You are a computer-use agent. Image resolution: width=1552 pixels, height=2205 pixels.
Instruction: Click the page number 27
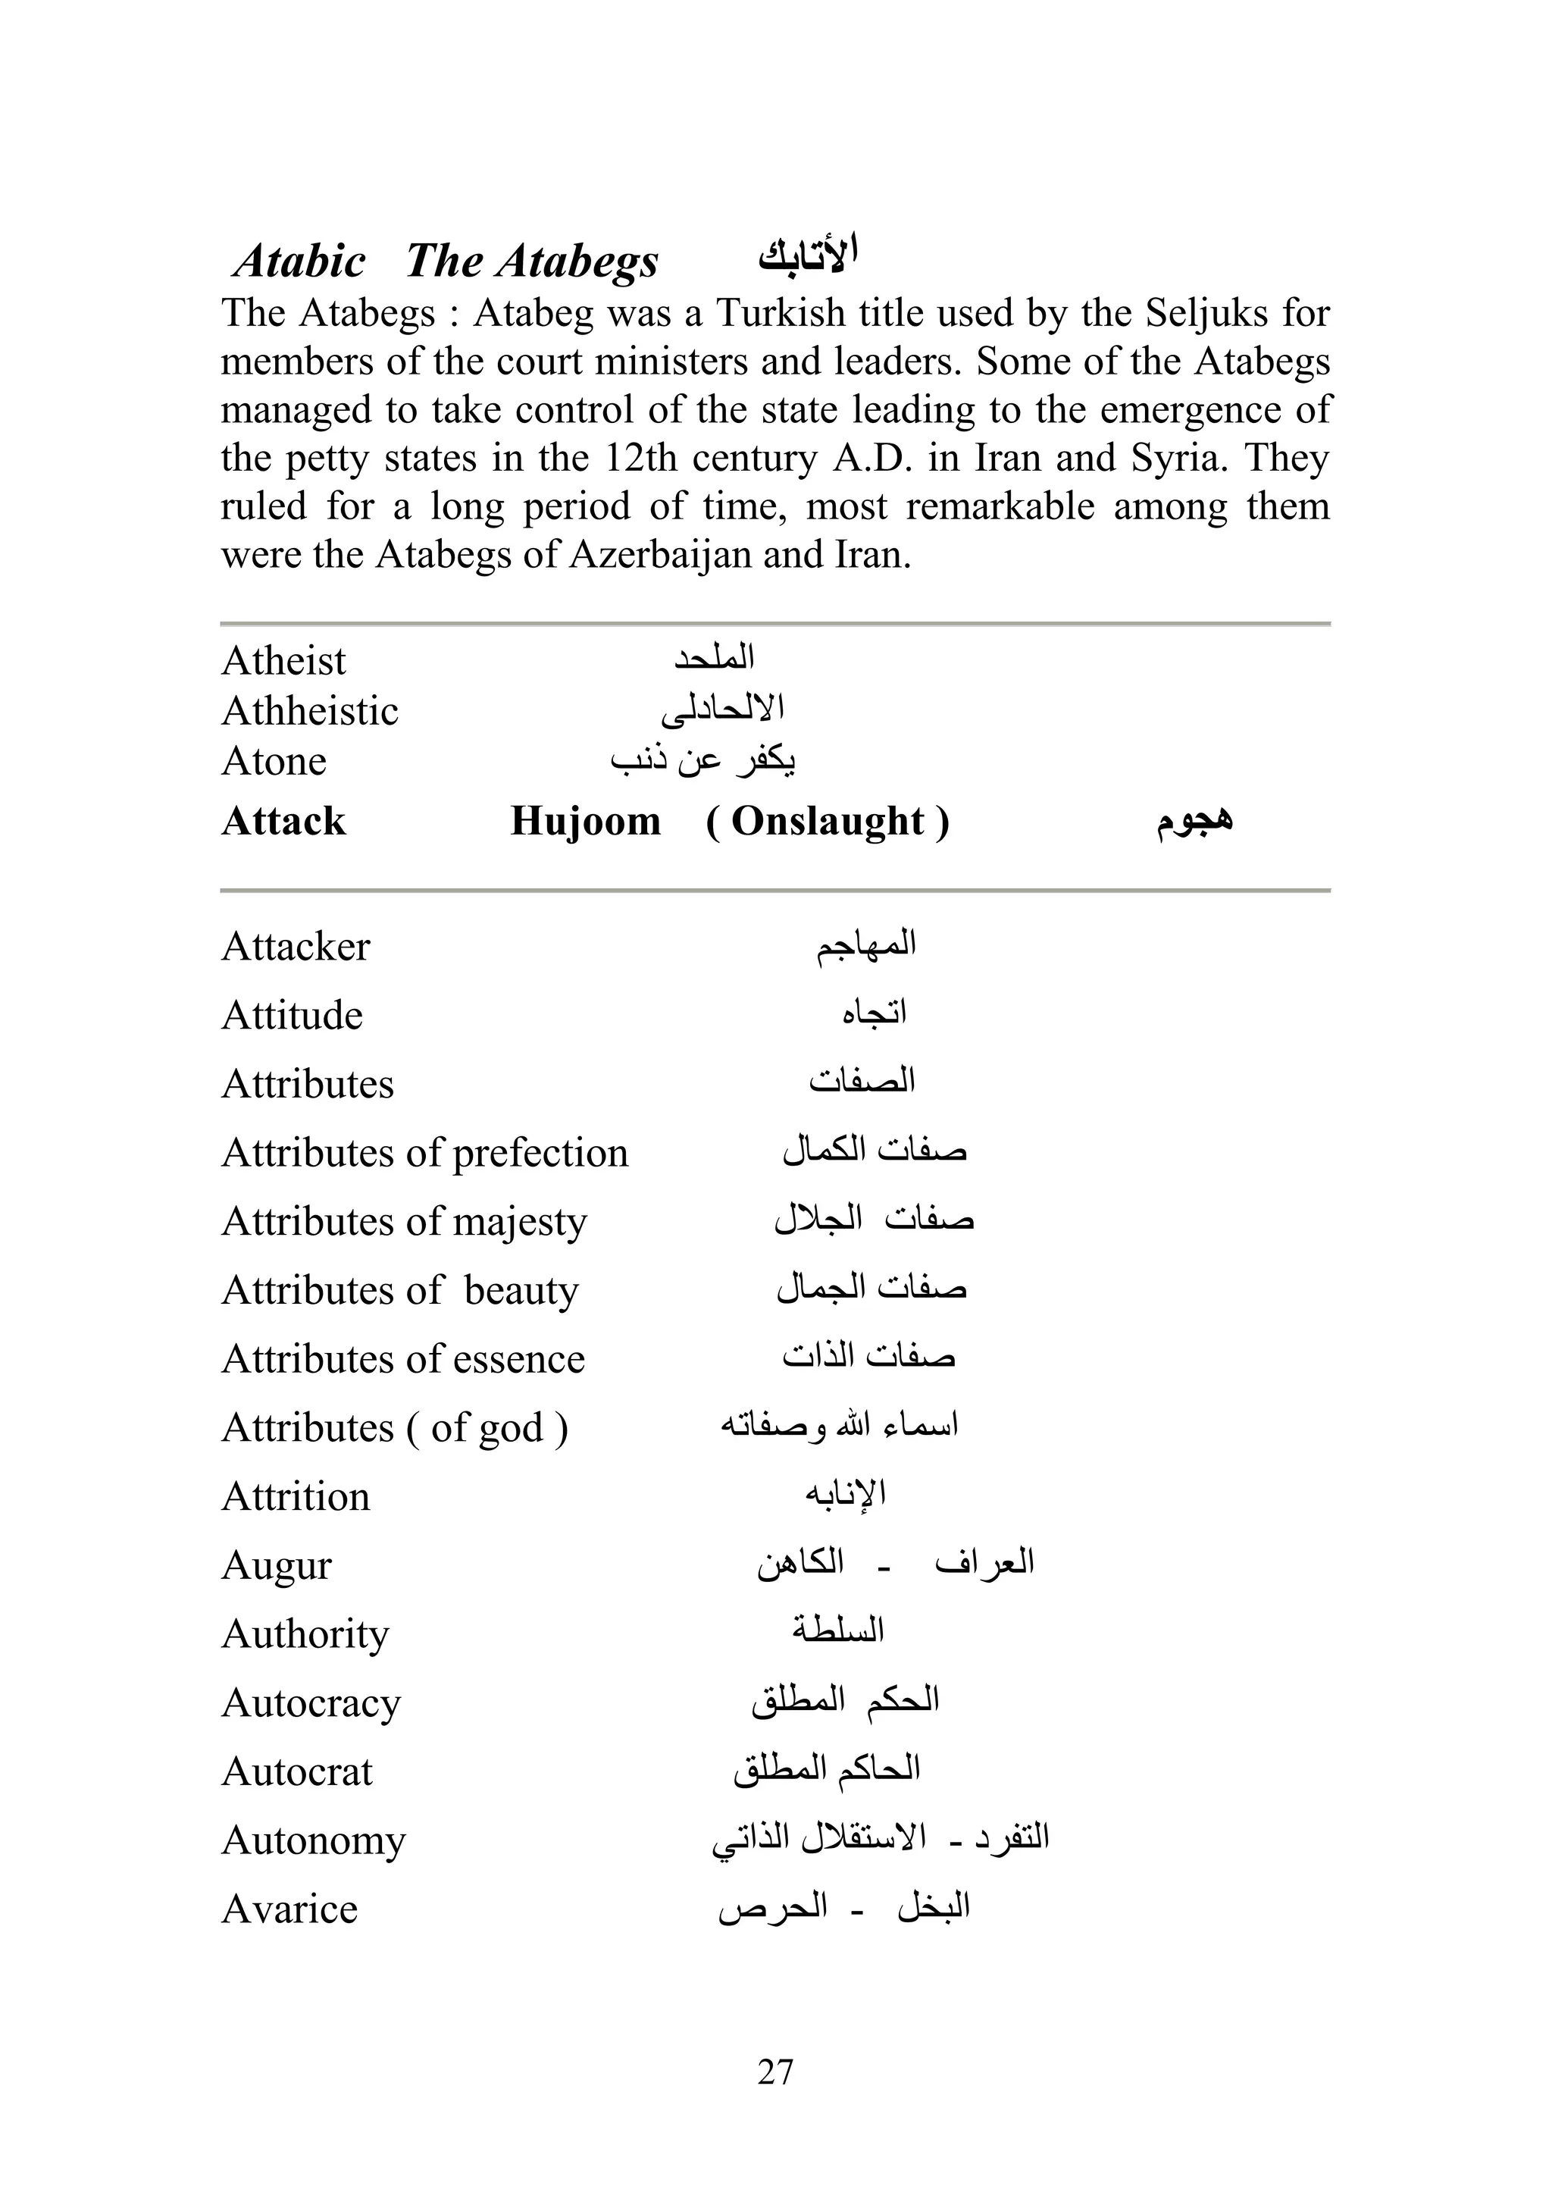point(775,2072)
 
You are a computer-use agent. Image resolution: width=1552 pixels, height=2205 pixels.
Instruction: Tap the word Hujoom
point(585,821)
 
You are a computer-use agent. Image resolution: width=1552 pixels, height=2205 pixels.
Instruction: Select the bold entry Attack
point(283,821)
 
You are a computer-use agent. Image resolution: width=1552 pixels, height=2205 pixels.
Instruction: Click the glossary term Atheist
point(283,661)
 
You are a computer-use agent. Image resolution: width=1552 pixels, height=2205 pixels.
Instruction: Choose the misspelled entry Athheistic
point(309,711)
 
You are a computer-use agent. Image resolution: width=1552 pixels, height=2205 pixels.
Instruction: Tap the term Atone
point(274,760)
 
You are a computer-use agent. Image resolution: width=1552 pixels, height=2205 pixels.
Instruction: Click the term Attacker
point(296,947)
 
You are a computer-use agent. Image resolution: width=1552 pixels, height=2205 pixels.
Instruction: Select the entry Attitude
point(292,1015)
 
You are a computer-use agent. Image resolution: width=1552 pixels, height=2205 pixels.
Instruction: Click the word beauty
point(521,1291)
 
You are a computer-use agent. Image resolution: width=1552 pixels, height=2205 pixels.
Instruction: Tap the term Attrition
point(296,1496)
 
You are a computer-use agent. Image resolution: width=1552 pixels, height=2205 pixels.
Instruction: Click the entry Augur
point(277,1565)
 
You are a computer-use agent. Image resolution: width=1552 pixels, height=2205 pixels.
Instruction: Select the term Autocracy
point(311,1702)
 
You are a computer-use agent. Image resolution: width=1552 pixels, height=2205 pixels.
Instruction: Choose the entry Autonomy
point(314,1840)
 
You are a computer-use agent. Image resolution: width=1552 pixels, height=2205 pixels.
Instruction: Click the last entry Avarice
point(289,1909)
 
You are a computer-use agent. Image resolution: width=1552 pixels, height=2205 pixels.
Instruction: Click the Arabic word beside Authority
point(837,1629)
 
